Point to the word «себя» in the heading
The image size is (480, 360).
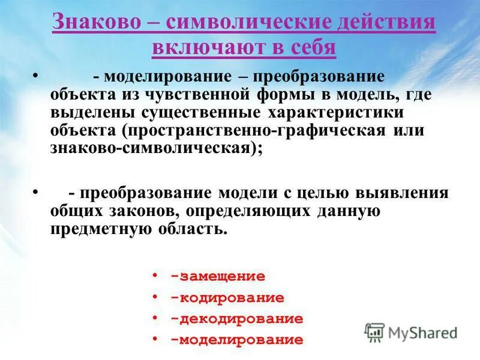tap(311, 47)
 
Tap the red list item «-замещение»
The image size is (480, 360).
tap(217, 277)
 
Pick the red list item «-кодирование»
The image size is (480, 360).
tap(227, 298)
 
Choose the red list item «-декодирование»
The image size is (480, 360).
tap(236, 319)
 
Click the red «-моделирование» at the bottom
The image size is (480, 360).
tap(236, 340)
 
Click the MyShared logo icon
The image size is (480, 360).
tap(374, 332)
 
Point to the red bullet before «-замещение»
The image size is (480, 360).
tap(155, 275)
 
